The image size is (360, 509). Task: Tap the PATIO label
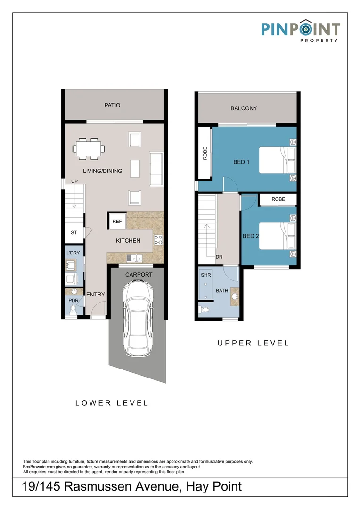coord(112,105)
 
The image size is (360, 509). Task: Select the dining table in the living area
coord(89,149)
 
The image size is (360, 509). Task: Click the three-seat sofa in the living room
coord(155,169)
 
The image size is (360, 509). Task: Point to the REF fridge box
coord(117,222)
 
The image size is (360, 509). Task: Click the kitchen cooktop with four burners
coord(158,240)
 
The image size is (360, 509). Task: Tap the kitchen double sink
coord(135,258)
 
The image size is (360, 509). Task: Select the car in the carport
coord(139,319)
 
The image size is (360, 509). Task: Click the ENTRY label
coord(96,295)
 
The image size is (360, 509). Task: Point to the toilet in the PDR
coord(73,310)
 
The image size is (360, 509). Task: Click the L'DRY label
coord(73,253)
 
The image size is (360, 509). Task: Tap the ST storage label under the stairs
coord(74,233)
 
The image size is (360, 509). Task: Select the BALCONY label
coord(244,108)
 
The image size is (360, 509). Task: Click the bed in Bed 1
coord(277,160)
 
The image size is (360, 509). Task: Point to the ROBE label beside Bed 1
coord(205,154)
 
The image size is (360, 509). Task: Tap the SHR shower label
coord(206,275)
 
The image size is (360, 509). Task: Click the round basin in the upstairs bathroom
coord(235,297)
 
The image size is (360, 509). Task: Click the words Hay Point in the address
coord(214,486)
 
